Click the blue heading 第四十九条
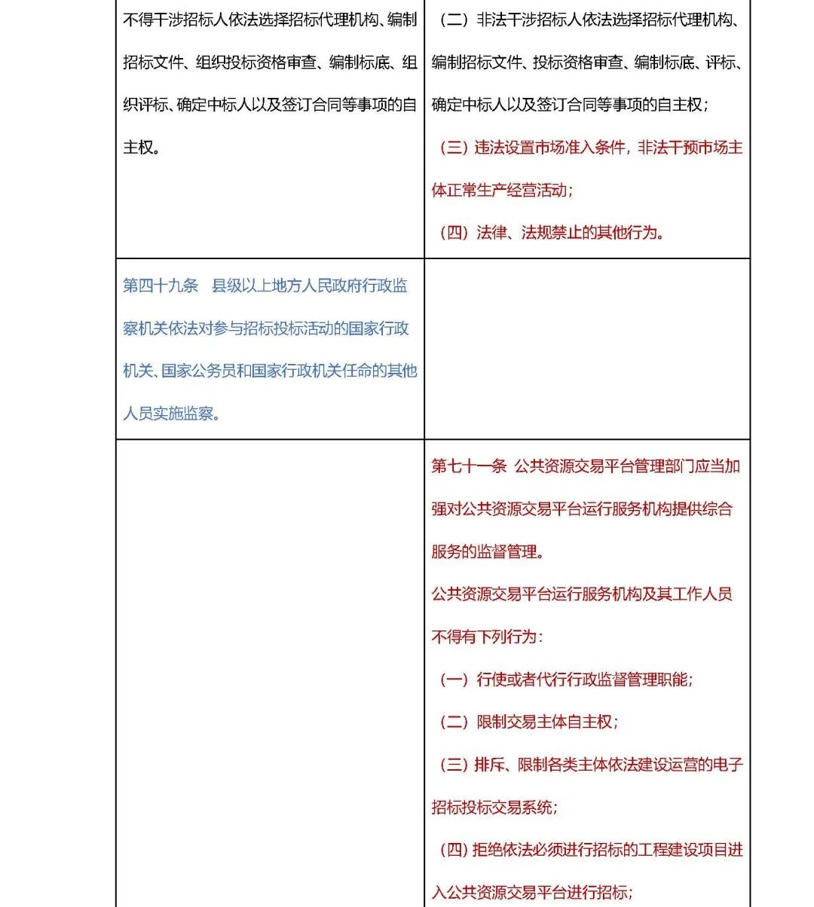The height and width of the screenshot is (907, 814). (x=161, y=286)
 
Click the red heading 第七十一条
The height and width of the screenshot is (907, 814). (x=469, y=466)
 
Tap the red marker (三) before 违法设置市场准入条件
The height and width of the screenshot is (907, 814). (x=454, y=148)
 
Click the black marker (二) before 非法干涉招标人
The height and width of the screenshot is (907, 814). (x=454, y=20)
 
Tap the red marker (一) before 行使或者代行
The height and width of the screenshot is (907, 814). (x=454, y=679)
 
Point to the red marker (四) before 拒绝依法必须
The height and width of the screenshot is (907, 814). (x=454, y=850)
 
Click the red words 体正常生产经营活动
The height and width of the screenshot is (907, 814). (x=499, y=190)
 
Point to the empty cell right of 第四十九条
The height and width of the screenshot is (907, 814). (x=587, y=349)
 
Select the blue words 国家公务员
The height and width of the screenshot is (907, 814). (x=198, y=371)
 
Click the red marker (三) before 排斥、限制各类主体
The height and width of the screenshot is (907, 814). (x=454, y=765)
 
